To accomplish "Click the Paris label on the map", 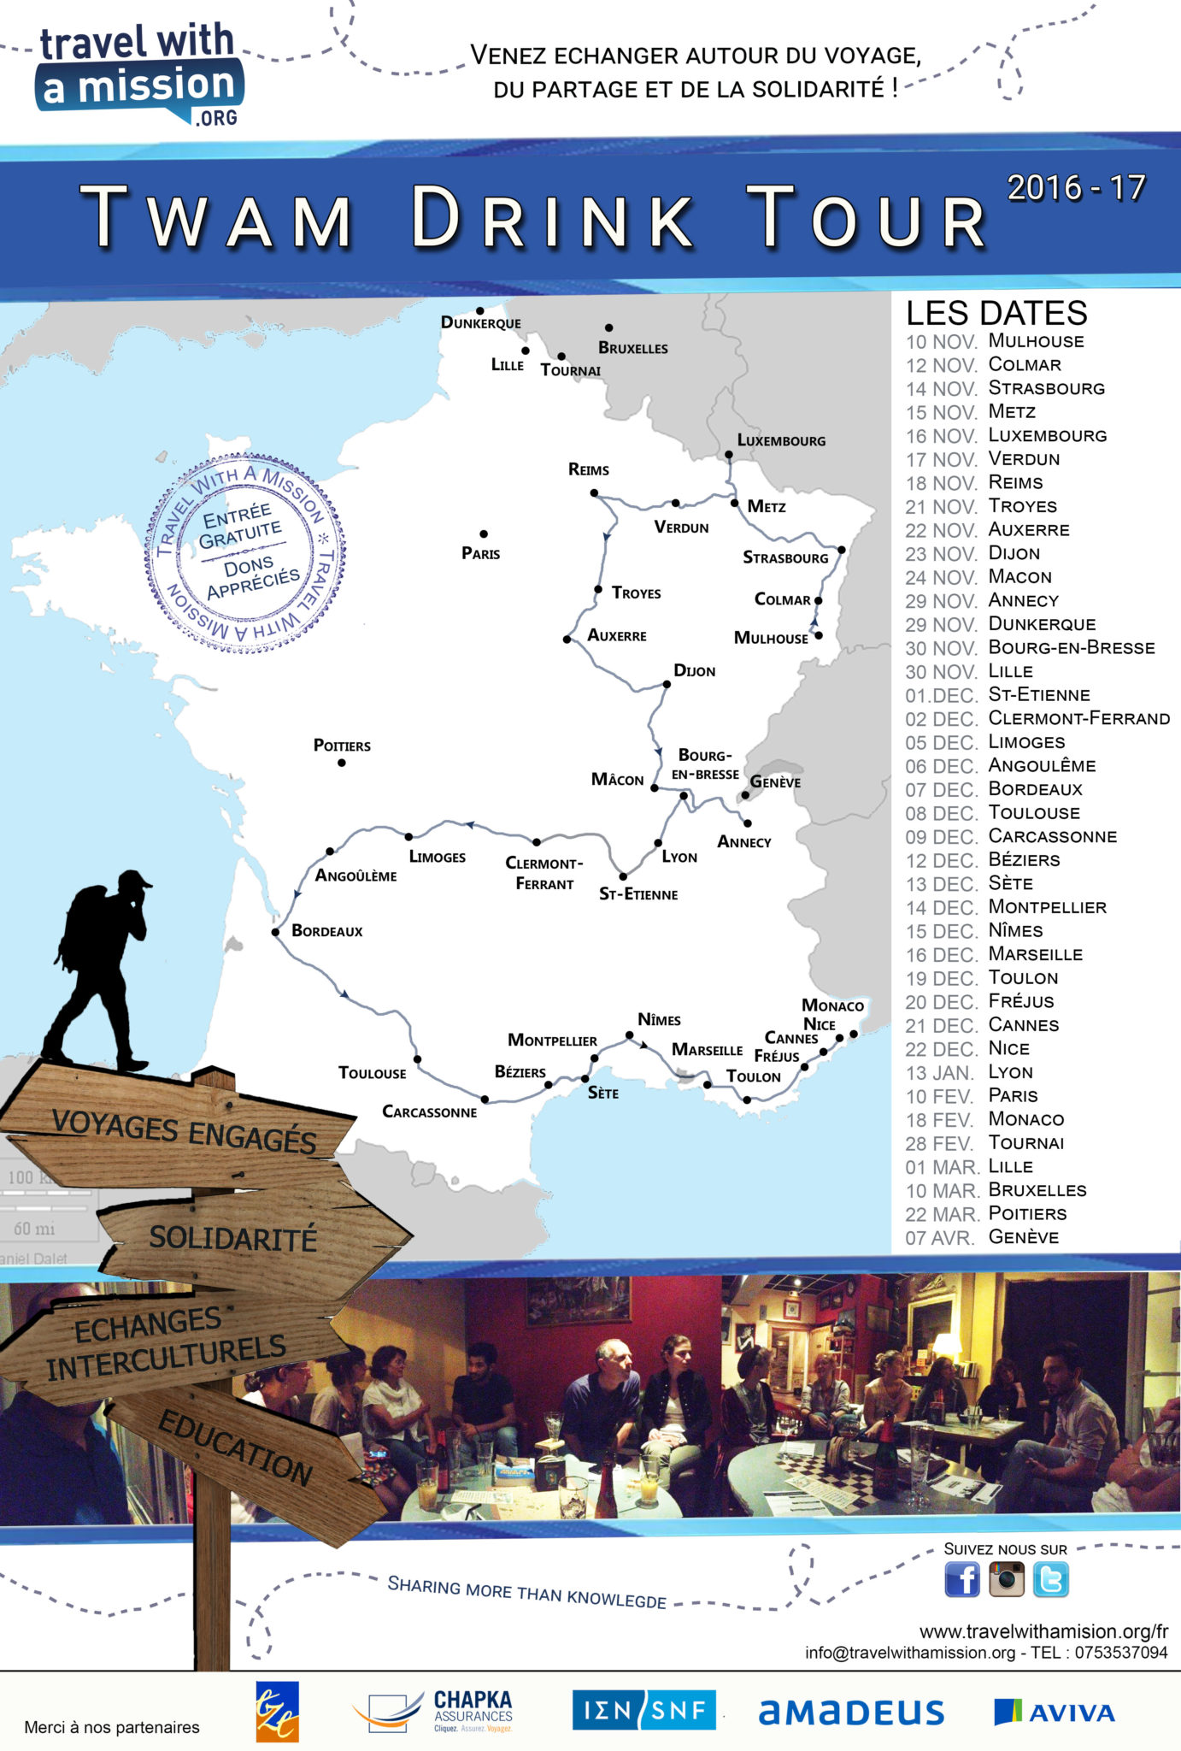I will (x=480, y=553).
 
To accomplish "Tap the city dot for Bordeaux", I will (x=275, y=932).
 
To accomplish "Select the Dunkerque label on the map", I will (x=480, y=322).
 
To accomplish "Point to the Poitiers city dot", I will (x=342, y=762).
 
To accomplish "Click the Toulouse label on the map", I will (x=372, y=1073).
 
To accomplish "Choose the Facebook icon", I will (x=961, y=1579).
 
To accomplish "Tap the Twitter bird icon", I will (x=1050, y=1579).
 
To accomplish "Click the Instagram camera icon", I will (x=1006, y=1579).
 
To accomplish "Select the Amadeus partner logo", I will (x=851, y=1713).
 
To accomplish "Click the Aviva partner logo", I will (x=1055, y=1713).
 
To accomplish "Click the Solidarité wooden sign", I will (x=232, y=1238).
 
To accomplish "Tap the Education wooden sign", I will (x=236, y=1448).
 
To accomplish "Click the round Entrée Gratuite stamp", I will (x=245, y=552).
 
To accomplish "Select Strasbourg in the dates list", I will (x=1046, y=388).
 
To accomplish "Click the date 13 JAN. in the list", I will (x=939, y=1073).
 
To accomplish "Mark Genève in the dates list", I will (x=1023, y=1237).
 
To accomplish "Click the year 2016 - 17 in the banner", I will (x=1076, y=188).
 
